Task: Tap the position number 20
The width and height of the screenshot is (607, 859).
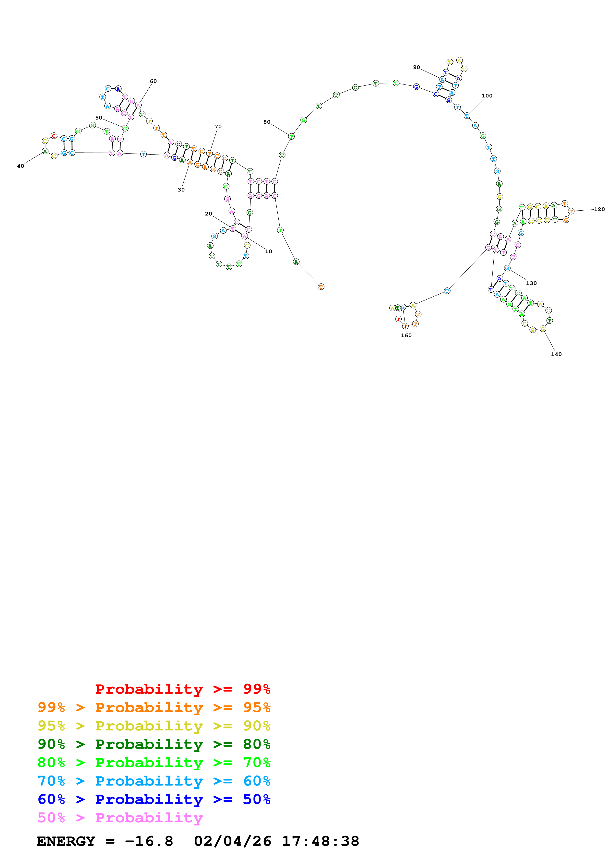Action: pyautogui.click(x=208, y=214)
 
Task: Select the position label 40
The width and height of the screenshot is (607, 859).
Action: pyautogui.click(x=21, y=166)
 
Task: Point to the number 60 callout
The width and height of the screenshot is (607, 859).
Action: pyautogui.click(x=153, y=81)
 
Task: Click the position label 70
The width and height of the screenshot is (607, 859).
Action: pyautogui.click(x=218, y=126)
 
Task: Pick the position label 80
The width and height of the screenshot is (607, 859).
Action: pyautogui.click(x=267, y=122)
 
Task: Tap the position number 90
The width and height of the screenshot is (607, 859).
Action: pyautogui.click(x=416, y=67)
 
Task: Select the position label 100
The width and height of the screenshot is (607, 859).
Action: pyautogui.click(x=487, y=96)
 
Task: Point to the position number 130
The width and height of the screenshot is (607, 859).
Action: pyautogui.click(x=531, y=283)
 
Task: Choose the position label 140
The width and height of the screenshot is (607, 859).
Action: pyautogui.click(x=556, y=354)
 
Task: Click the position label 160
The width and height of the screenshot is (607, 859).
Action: pyautogui.click(x=406, y=336)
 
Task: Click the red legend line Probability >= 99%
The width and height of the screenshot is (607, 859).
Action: pyautogui.click(x=182, y=689)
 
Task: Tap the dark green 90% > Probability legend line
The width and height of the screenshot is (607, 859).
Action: pyautogui.click(x=154, y=744)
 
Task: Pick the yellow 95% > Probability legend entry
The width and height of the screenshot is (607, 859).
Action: pyautogui.click(x=154, y=726)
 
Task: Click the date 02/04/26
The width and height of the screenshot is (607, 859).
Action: pyautogui.click(x=232, y=841)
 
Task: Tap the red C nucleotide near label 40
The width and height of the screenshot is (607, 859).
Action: pyautogui.click(x=54, y=136)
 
